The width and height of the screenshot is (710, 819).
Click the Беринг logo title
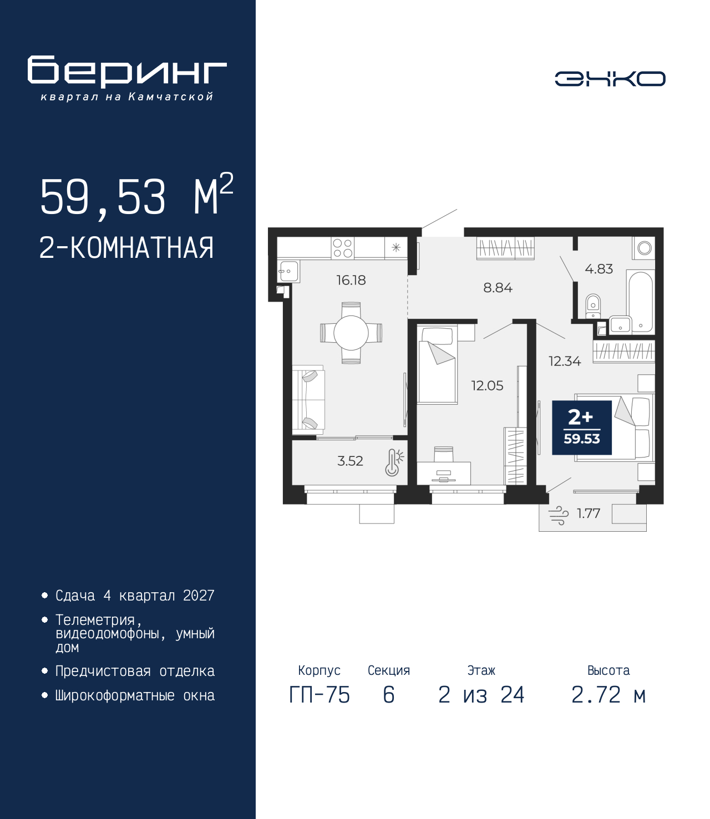[x=127, y=72]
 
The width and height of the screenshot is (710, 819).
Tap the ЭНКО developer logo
[x=610, y=79]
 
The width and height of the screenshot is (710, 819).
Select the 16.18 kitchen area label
[x=351, y=281]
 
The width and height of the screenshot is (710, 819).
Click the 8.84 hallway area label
[x=498, y=288]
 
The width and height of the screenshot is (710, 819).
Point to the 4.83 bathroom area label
[x=599, y=269]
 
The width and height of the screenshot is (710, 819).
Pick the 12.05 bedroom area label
[x=487, y=385]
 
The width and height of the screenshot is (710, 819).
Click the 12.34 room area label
[x=565, y=362]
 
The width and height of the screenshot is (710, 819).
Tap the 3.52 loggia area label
[x=350, y=461]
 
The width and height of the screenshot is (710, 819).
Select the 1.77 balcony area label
[x=588, y=513]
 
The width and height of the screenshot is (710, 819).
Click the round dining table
[x=351, y=333]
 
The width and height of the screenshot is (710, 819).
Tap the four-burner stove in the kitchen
[x=342, y=248]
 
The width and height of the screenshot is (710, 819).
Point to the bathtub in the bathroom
[x=641, y=302]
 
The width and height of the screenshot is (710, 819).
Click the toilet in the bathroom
[x=593, y=306]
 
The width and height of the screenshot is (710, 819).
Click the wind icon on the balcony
[x=559, y=515]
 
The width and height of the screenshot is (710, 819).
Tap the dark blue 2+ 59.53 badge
[x=581, y=428]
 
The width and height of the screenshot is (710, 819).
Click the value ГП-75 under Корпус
[x=319, y=695]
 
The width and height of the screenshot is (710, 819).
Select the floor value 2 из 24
[x=481, y=695]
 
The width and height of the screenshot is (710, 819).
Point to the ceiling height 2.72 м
[x=608, y=695]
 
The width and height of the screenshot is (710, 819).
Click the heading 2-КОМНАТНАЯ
[x=126, y=248]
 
